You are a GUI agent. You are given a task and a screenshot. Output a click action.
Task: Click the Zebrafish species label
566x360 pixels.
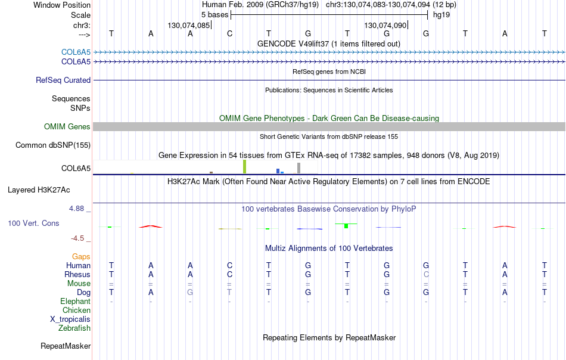[x=74, y=328]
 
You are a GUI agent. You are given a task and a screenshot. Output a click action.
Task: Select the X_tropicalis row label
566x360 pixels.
[x=70, y=319]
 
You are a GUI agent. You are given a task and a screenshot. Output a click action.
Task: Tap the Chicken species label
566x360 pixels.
[x=76, y=310]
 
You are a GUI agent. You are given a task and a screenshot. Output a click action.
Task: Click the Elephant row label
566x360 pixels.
[x=75, y=301]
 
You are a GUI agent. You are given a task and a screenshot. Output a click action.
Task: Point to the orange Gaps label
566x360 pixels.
[x=81, y=256]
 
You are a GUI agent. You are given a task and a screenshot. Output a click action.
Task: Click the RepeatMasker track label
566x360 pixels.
[x=66, y=346]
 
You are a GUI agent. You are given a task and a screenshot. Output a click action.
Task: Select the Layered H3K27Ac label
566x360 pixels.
[x=39, y=190]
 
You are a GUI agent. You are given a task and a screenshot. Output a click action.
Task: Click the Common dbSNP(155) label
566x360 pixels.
[x=52, y=145]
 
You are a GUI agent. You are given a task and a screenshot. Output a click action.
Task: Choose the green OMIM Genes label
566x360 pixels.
[x=67, y=127]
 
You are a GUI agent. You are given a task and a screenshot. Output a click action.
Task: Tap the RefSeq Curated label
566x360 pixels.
[x=63, y=80]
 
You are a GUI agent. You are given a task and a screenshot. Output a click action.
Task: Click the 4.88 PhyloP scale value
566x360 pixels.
[x=76, y=209]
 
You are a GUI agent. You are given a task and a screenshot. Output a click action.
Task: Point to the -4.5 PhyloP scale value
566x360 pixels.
[x=77, y=238]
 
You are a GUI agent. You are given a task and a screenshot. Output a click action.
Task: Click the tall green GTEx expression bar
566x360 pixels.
[x=244, y=167]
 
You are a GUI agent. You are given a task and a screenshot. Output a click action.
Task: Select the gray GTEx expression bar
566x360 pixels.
[x=298, y=168]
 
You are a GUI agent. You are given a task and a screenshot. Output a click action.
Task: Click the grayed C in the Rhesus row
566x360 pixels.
[x=426, y=274]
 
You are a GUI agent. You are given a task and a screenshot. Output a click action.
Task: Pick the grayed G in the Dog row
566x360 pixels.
[x=190, y=292]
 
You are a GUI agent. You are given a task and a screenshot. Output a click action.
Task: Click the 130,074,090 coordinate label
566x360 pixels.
[x=385, y=25]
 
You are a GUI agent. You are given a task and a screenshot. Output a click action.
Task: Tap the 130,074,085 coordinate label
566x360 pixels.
[x=188, y=25]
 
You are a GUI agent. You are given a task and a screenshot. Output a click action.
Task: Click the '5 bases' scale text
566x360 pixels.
[x=214, y=15]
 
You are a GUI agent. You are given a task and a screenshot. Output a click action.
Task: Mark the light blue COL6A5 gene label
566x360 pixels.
[x=76, y=52]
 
